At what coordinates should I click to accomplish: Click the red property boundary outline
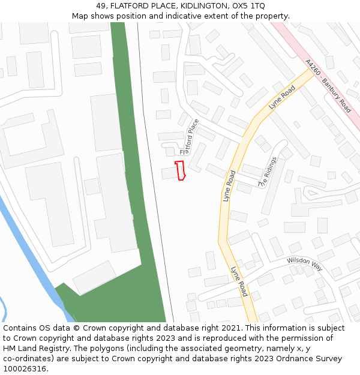tap(179, 170)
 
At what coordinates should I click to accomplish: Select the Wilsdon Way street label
tap(305, 263)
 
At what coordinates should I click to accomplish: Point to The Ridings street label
tap(268, 172)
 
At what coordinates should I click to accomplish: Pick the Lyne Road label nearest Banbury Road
tap(282, 97)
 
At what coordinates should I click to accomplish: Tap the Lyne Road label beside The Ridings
tap(229, 186)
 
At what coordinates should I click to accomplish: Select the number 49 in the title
tap(101, 5)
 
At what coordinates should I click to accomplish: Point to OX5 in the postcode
tap(238, 5)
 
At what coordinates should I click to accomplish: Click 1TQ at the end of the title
tap(257, 5)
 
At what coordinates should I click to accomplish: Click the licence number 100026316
tap(24, 369)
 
